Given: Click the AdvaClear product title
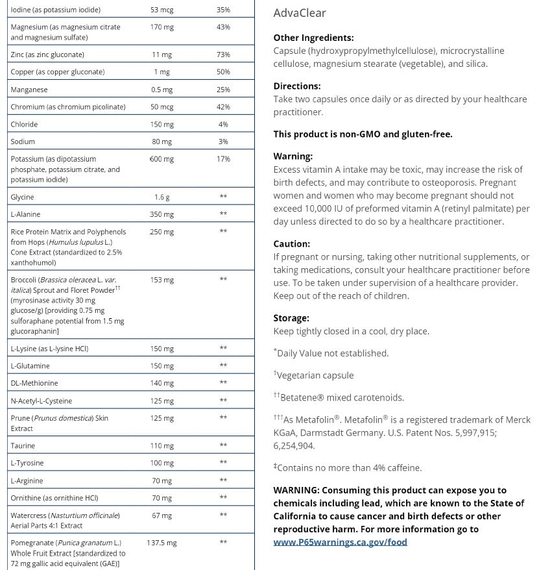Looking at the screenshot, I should tap(300, 13).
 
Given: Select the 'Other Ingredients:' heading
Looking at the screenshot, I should tap(313, 38).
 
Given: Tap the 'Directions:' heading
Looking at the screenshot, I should tap(297, 86).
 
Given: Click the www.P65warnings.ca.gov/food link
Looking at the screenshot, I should tap(340, 542).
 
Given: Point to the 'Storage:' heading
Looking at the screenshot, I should tap(291, 318).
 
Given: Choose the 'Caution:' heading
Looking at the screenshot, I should tap(292, 244).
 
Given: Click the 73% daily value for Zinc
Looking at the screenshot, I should tap(223, 55).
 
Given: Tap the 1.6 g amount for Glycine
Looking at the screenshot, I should tap(161, 197).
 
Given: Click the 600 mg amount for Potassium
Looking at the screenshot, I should tap(161, 159).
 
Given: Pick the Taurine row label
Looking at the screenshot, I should tap(24, 445).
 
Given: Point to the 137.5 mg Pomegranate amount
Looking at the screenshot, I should tap(161, 543).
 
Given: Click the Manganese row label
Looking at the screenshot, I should tap(29, 90).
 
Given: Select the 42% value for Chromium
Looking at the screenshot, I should tap(223, 106).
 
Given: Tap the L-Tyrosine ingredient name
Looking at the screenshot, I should tap(27, 463).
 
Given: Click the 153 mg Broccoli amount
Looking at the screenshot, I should tap(161, 280).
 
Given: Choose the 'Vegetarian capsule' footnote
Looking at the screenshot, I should tap(315, 375).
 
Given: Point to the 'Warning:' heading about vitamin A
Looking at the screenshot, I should tap(293, 156).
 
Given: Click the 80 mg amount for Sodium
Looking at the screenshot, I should tap(161, 142).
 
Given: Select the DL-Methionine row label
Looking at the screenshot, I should tap(34, 383).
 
